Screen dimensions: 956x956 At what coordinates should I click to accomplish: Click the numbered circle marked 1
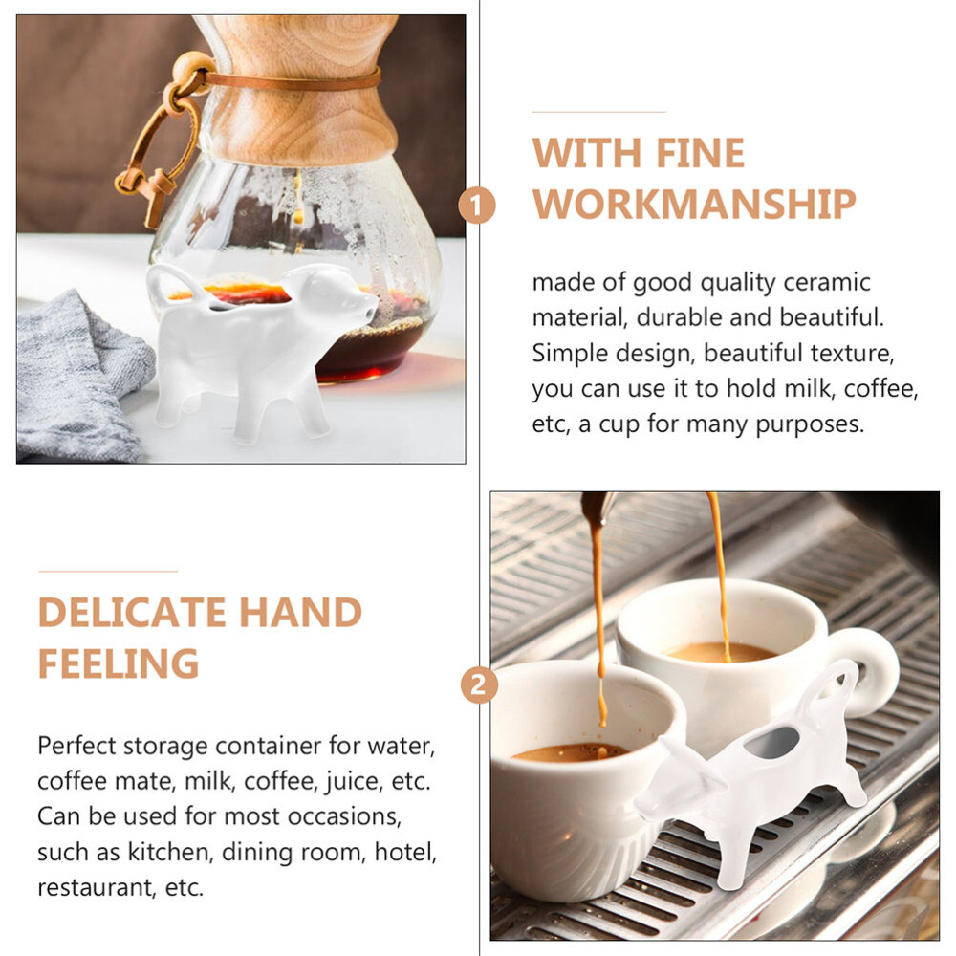pos(477,205)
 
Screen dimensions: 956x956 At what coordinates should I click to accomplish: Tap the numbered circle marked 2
pos(479,685)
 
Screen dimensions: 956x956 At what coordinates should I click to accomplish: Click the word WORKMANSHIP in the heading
pos(693,204)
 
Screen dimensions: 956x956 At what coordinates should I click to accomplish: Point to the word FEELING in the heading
pos(119,663)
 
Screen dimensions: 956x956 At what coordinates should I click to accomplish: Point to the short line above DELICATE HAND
pos(108,572)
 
